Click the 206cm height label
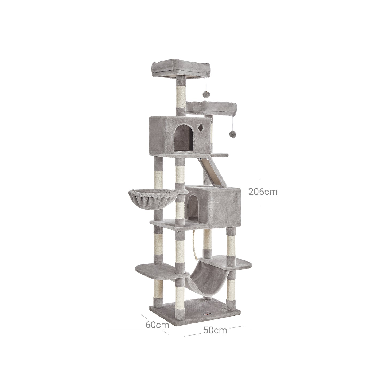coord(263,192)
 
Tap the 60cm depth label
coord(157,325)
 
